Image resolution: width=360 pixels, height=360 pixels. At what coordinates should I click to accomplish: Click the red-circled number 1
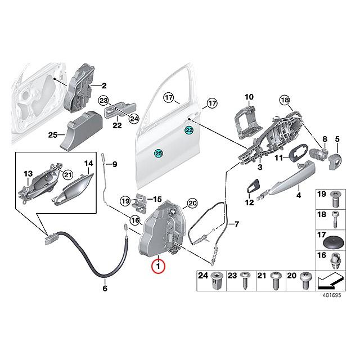point(159,265)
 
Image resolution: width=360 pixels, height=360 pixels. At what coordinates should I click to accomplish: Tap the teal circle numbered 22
point(189,130)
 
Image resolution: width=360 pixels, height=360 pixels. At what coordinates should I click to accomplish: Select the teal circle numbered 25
point(159,152)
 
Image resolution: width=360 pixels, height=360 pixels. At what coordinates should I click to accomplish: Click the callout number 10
point(249,97)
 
